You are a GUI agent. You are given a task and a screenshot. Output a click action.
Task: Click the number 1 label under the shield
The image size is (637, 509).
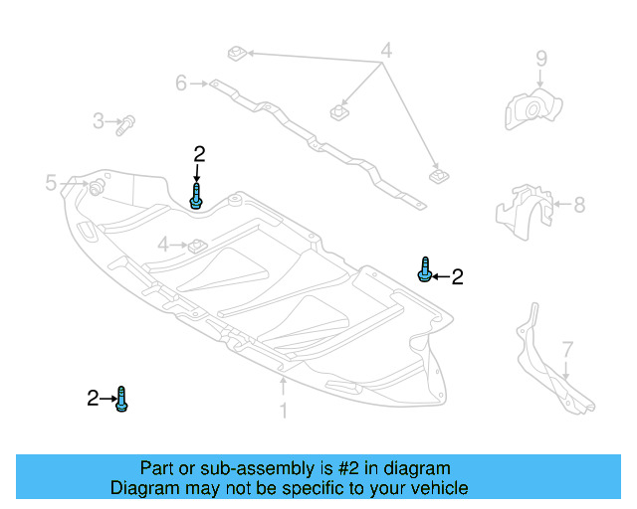pyautogui.click(x=284, y=410)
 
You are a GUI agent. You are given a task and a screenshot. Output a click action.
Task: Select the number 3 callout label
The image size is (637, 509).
pyautogui.click(x=99, y=121)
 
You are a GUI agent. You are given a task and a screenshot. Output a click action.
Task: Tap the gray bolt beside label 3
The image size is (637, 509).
pyautogui.click(x=126, y=124)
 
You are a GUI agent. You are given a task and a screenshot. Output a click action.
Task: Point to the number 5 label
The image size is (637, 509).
pyautogui.click(x=51, y=182)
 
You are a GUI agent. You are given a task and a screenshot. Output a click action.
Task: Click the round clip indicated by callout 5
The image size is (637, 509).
pyautogui.click(x=98, y=187)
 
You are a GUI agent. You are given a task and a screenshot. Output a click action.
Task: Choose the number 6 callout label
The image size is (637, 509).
pyautogui.click(x=181, y=84)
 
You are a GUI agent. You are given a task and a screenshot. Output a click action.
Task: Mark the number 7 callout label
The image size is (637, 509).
pyautogui.click(x=567, y=350)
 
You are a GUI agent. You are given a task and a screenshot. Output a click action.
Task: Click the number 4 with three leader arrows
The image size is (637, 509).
pyautogui.click(x=386, y=50)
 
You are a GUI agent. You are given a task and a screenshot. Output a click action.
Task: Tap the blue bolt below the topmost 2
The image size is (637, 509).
pyautogui.click(x=198, y=194)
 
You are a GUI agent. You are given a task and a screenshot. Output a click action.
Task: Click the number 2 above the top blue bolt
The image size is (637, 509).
pyautogui.click(x=199, y=154)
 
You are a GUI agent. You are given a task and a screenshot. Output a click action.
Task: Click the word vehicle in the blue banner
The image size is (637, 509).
pyautogui.click(x=437, y=488)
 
